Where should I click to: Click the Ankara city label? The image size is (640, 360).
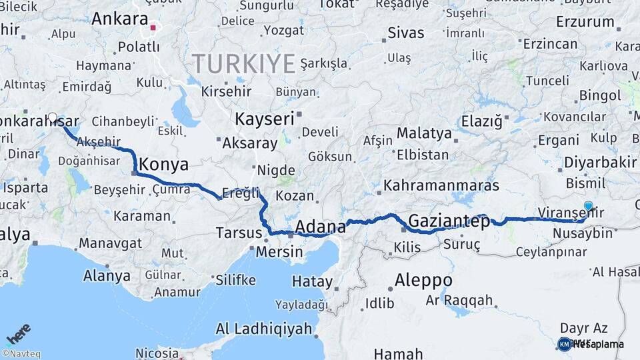tap(120, 19)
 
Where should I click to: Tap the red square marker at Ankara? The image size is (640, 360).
tap(153, 28)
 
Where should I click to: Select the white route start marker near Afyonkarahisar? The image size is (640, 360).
tap(53, 118)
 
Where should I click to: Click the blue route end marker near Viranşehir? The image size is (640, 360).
tap(588, 207)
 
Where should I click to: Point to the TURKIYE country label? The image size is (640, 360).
tap(244, 64)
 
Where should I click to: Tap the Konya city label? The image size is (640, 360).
tap(163, 165)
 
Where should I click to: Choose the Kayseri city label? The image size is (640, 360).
tap(264, 119)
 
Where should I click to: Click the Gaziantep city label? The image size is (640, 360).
tap(449, 221)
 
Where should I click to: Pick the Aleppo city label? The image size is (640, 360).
tap(423, 279)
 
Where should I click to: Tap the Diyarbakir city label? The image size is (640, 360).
tap(600, 163)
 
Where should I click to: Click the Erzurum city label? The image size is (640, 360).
tap(585, 21)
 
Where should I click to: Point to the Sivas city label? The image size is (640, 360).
tap(405, 32)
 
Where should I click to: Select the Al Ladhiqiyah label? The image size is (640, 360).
tap(264, 329)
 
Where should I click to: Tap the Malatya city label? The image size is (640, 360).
tap(424, 133)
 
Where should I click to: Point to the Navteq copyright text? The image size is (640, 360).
tap(21, 354)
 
